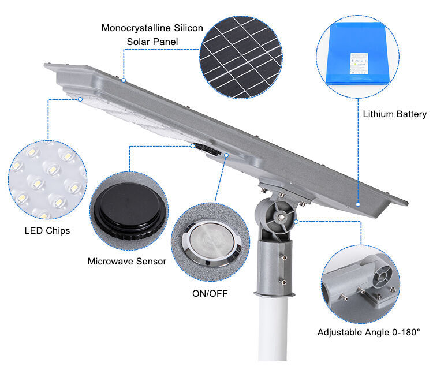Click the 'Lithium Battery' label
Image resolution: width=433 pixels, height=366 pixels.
(394, 114)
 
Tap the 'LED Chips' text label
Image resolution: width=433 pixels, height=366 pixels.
(47, 231)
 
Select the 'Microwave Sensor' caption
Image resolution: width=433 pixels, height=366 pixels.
(127, 262)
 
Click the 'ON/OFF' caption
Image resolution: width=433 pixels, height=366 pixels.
(210, 294)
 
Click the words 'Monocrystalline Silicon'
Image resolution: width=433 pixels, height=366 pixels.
(152, 28)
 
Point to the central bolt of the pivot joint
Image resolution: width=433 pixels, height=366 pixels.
(281, 218)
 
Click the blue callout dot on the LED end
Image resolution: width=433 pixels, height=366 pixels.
(80, 99)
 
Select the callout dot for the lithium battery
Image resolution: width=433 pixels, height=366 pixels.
(358, 204)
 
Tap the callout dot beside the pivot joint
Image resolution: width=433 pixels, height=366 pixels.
(296, 221)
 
